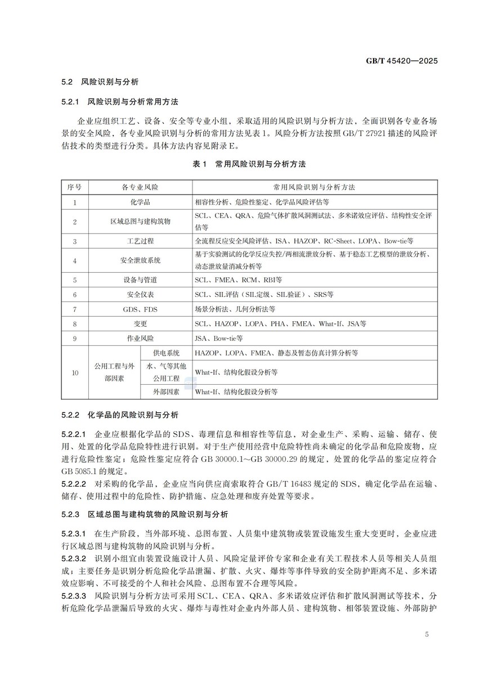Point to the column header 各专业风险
[140, 186]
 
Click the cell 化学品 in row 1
[140, 201]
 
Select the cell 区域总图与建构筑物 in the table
[140, 222]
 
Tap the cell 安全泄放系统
[140, 260]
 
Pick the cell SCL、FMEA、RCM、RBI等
[239, 280]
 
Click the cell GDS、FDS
[140, 309]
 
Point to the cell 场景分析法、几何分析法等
[235, 309]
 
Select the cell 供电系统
[167, 353]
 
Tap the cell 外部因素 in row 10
[167, 391]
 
